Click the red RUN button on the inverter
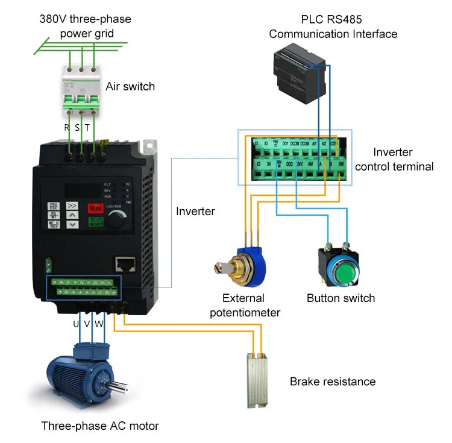coord(95,209)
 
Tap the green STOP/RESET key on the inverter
coord(95,222)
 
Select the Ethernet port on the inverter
coord(125,263)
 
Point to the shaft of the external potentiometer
coord(220,266)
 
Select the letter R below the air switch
coord(67,127)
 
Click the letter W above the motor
coord(99,324)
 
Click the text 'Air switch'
coord(130,86)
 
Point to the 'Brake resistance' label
coord(332,382)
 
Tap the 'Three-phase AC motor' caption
coord(100,426)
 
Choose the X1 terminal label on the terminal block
coord(256,144)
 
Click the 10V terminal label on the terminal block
coord(341,163)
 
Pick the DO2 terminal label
coord(289,164)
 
